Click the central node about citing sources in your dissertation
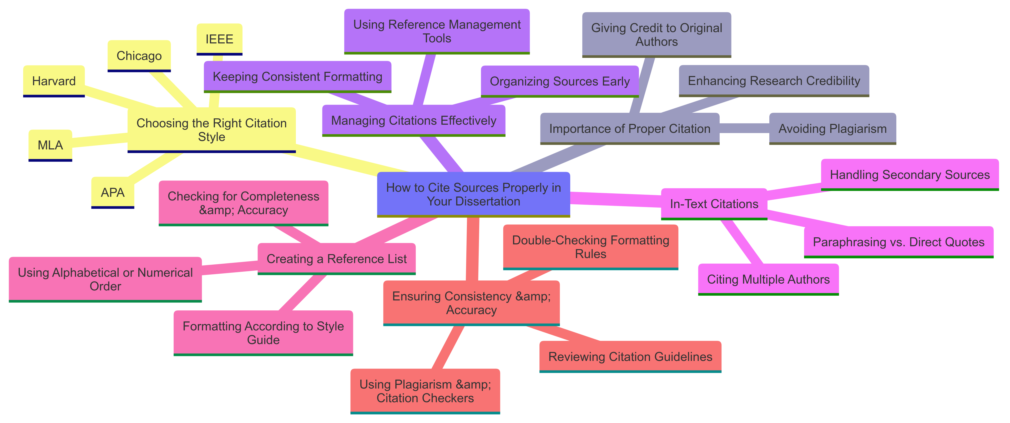pyautogui.click(x=473, y=194)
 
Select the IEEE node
pyautogui.click(x=219, y=39)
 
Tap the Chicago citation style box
pyautogui.click(x=139, y=56)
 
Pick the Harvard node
pyautogui.click(x=54, y=81)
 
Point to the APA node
pyautogui.click(x=113, y=193)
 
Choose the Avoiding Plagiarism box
pyautogui.click(x=832, y=129)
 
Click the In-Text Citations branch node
pyautogui.click(x=714, y=204)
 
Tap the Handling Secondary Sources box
pyautogui.click(x=910, y=174)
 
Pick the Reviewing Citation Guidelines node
pyautogui.click(x=630, y=356)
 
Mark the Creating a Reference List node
pyautogui.click(x=336, y=259)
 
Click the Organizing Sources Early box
pyautogui.click(x=559, y=81)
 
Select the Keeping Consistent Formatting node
pyautogui.click(x=297, y=77)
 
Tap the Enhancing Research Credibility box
pyautogui.click(x=774, y=81)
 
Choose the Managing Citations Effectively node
pyautogui.click(x=414, y=120)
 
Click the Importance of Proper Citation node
pyautogui.click(x=630, y=129)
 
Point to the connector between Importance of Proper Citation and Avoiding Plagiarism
pyautogui.click(x=744, y=128)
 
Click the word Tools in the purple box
pyautogui.click(x=437, y=38)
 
